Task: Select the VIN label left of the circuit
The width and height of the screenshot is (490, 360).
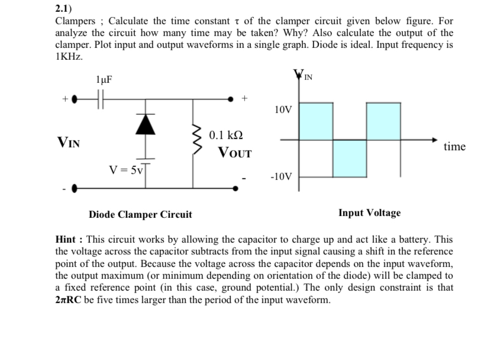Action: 69,142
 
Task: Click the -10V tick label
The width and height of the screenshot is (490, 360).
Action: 281,176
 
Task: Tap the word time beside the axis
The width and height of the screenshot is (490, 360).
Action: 454,146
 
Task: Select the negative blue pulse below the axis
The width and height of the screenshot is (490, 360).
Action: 349,158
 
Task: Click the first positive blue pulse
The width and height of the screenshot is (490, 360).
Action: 315,121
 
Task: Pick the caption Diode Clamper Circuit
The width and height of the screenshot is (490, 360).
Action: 140,214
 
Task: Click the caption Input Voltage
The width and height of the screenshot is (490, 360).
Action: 369,213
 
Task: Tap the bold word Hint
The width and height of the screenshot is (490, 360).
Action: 67,240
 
